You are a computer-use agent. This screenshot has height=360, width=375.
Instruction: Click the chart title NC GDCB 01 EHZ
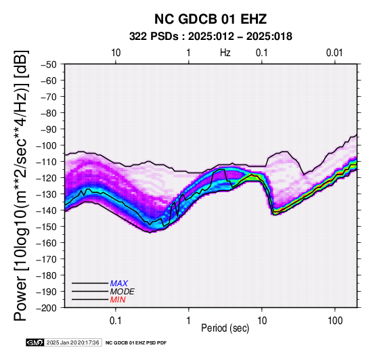[x=211, y=19]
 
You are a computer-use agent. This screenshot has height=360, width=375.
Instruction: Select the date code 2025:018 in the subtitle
[x=269, y=37]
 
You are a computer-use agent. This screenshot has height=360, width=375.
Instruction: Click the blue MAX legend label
[x=118, y=284]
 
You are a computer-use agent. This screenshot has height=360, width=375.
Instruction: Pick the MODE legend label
[x=122, y=292]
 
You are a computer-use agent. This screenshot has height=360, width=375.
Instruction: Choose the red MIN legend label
[x=118, y=300]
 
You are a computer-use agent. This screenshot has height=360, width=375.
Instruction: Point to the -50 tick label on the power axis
[x=48, y=64]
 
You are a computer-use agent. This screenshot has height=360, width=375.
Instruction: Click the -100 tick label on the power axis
[x=46, y=145]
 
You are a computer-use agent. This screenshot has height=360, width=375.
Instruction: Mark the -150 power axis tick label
[x=46, y=227]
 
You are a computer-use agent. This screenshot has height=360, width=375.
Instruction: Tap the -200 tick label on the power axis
[x=46, y=308]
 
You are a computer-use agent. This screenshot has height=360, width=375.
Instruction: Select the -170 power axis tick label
[x=46, y=259]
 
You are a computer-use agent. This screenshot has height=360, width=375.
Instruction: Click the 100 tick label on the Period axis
[x=335, y=321]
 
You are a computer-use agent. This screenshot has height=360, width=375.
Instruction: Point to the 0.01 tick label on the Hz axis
[x=334, y=53]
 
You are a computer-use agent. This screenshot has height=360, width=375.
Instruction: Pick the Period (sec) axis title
[x=225, y=328]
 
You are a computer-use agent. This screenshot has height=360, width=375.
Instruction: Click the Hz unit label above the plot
[x=225, y=53]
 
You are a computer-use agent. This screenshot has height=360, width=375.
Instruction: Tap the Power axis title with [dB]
[x=21, y=185]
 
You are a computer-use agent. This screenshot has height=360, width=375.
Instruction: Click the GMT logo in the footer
[x=35, y=342]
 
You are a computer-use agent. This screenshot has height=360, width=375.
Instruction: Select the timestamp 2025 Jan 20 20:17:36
[x=72, y=342]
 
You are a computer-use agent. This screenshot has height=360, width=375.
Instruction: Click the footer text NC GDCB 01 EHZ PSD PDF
[x=136, y=343]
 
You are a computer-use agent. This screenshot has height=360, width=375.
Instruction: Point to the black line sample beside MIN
[x=90, y=300]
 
